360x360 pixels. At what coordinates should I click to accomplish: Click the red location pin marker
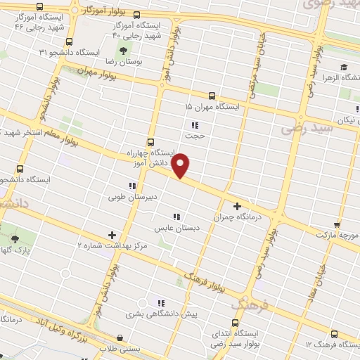181,165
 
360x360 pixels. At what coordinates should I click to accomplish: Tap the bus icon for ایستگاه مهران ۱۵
211,96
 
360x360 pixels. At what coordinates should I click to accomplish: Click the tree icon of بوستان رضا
124,51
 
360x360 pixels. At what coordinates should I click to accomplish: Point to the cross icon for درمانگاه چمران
237,207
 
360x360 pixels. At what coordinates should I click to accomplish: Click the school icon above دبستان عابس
177,217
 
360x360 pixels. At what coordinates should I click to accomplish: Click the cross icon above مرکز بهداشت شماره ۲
112,234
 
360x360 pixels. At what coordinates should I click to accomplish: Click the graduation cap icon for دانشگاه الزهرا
344,68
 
